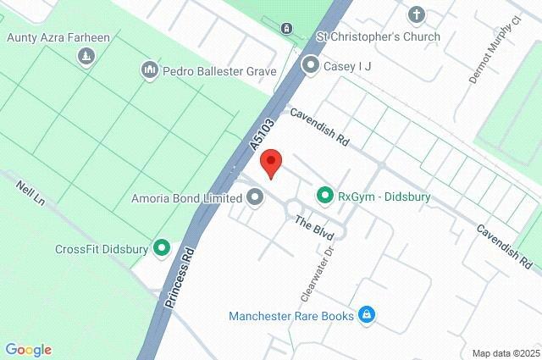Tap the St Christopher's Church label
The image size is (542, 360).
coord(379,36)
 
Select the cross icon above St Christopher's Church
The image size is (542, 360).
coord(416,14)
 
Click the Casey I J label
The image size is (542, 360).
coord(347,65)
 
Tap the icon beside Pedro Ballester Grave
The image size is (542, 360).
coord(150,69)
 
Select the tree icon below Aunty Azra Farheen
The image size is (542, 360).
coord(86,56)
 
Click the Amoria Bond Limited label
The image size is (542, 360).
coord(186,198)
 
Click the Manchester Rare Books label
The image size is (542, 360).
coord(290,317)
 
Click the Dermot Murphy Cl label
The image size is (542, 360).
coord(484,56)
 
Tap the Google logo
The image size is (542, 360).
coord(28,350)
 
